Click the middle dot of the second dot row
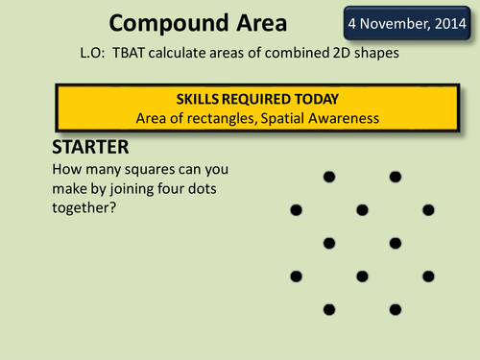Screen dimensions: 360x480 362,209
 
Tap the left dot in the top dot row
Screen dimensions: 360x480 329,176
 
